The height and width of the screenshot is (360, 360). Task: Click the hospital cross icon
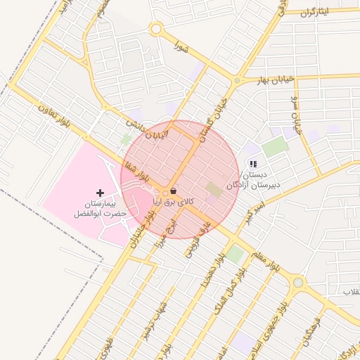pyautogui.click(x=100, y=192)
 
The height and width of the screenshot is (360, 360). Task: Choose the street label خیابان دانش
pyautogui.click(x=148, y=131)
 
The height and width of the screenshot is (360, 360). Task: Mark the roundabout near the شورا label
pyautogui.click(x=155, y=30)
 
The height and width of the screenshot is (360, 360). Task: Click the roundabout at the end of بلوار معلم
pyautogui.click(x=298, y=282)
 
